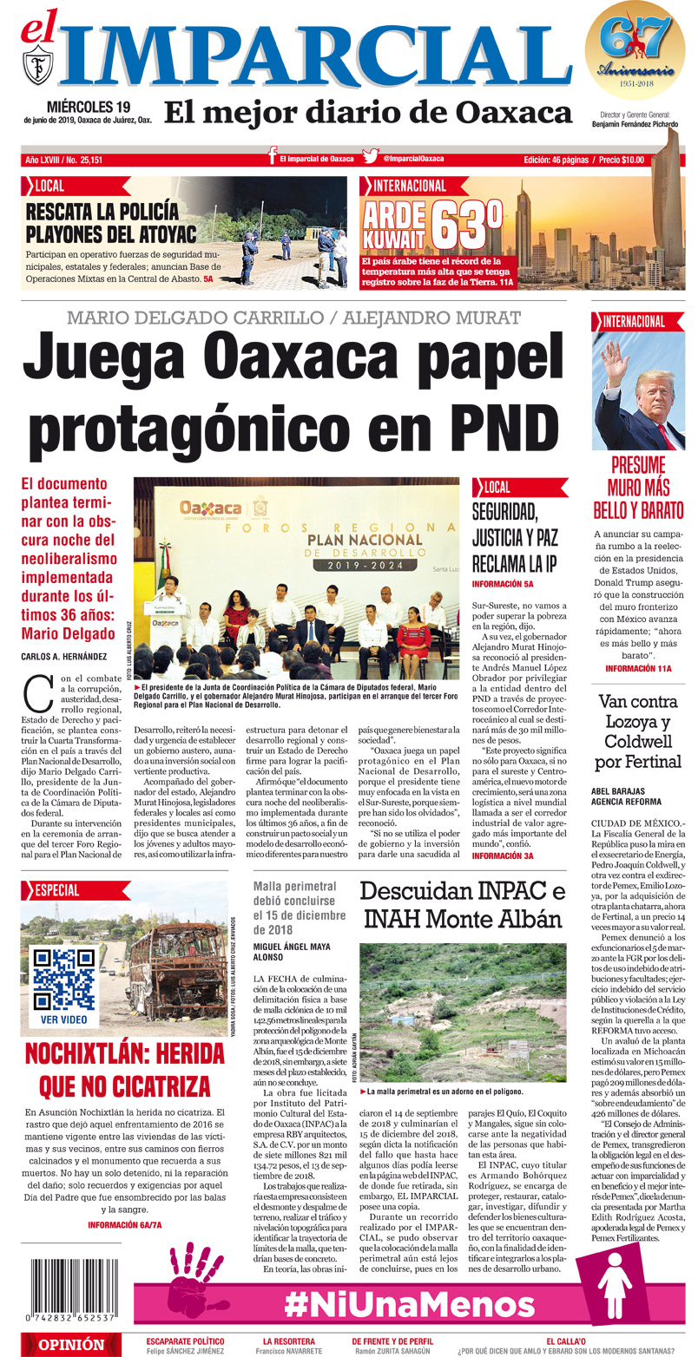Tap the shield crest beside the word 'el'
click(39, 66)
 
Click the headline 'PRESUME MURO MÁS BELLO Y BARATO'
click(638, 486)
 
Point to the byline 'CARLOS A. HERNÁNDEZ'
click(66, 656)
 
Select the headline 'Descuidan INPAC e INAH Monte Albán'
click(462, 905)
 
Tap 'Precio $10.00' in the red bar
click(621, 159)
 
